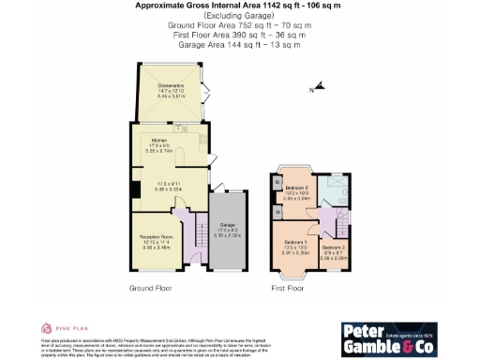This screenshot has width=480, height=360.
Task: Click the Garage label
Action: pyautogui.click(x=226, y=226)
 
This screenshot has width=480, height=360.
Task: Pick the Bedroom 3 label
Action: pyautogui.click(x=336, y=248)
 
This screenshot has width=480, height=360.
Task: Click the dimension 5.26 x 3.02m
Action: pyautogui.click(x=170, y=188)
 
